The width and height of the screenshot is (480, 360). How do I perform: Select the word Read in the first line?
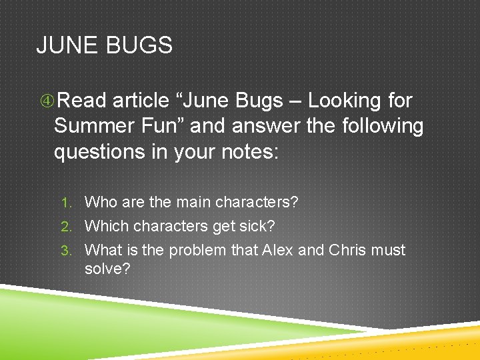click(x=81, y=101)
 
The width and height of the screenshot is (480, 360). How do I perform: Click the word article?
click(x=141, y=101)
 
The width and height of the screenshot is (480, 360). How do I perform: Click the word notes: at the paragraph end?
click(x=247, y=151)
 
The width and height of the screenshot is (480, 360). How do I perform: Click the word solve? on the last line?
click(x=109, y=269)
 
